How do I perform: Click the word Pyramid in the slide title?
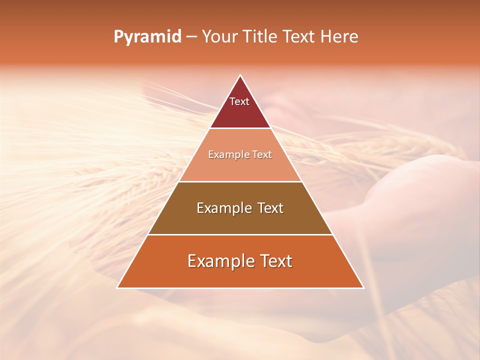click(x=147, y=37)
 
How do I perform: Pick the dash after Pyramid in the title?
click(x=191, y=37)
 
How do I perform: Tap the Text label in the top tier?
click(x=239, y=101)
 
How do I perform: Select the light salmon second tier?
click(x=240, y=167)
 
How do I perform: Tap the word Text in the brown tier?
click(x=270, y=208)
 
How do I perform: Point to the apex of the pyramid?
click(x=240, y=76)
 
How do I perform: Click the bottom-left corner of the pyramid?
click(x=118, y=287)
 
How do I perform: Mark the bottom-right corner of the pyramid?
click(x=363, y=287)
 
